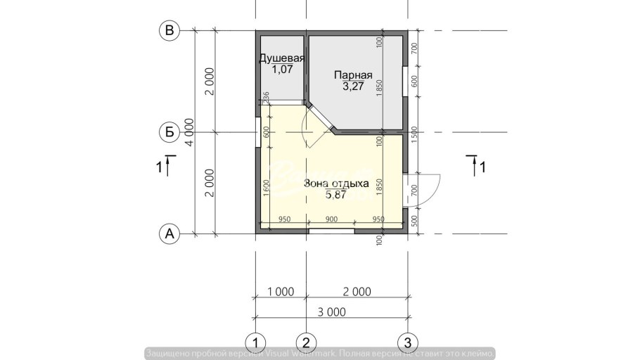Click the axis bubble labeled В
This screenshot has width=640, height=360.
coord(169,30)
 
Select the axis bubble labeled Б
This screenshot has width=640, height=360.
coord(169,131)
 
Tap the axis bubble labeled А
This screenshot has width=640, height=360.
coord(169,233)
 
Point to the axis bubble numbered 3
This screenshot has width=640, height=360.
coord(407,342)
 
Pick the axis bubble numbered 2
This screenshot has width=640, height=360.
coord(305,342)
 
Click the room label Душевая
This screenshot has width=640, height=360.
coord(281,58)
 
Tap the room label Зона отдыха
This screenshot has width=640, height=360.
coord(336,184)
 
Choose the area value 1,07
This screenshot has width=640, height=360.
coord(281,70)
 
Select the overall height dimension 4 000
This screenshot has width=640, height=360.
coord(189,131)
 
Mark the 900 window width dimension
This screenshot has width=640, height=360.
coord(332,219)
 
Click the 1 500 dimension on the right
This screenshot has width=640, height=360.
coord(414,132)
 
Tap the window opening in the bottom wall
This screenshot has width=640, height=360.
coord(332,230)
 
